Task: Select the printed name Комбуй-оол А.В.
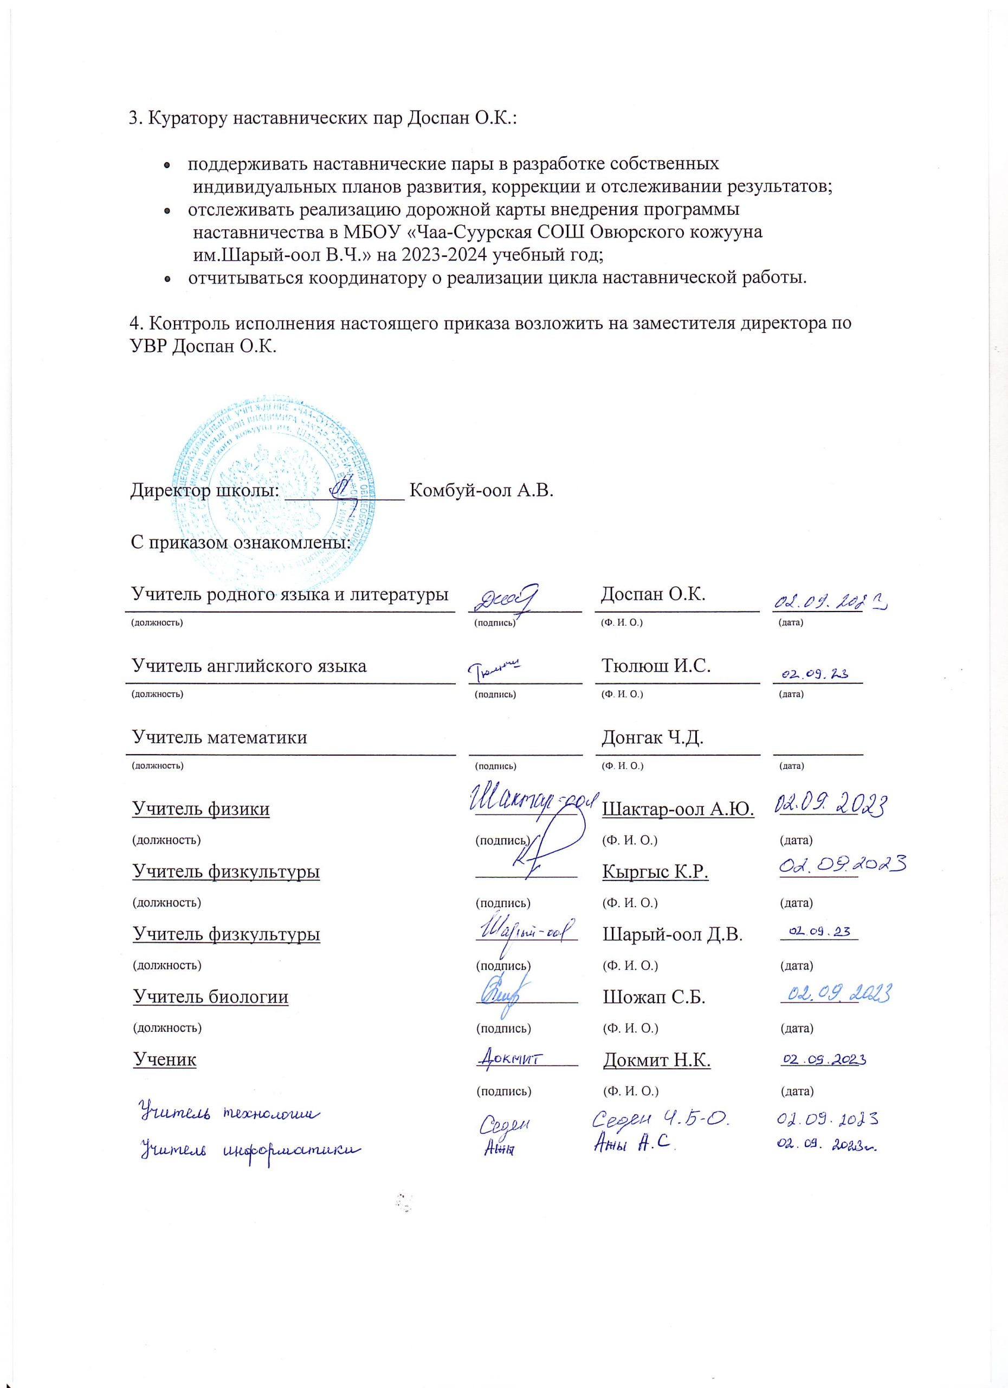click(x=481, y=491)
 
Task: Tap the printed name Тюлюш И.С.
click(x=656, y=666)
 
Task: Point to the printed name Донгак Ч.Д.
click(x=652, y=737)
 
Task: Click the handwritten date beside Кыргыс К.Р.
click(x=843, y=865)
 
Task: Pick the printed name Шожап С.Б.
click(x=654, y=998)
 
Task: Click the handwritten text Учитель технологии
click(x=229, y=1113)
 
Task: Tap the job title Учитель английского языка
click(x=249, y=666)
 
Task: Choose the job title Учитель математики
click(x=219, y=737)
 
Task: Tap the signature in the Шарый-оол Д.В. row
click(x=526, y=930)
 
